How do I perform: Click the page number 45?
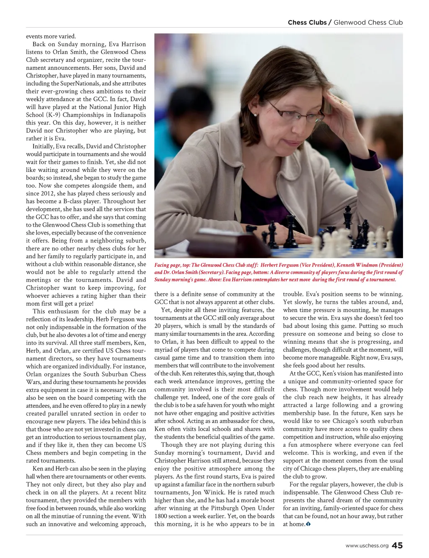[x=397, y=545]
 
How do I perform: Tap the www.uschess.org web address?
[x=367, y=546]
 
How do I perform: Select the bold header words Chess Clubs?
[x=307, y=23]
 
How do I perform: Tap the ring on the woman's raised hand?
[x=340, y=101]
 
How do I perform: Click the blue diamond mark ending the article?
[x=308, y=524]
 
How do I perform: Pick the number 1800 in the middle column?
[x=162, y=516]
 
